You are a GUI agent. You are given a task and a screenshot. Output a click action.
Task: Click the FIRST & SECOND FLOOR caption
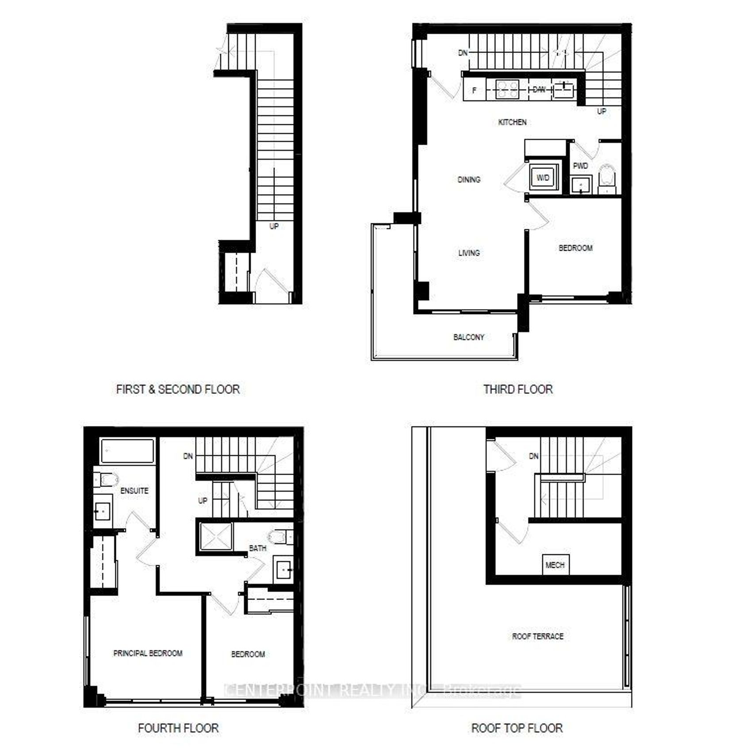tap(178, 389)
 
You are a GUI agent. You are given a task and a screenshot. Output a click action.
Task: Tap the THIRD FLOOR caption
tap(518, 389)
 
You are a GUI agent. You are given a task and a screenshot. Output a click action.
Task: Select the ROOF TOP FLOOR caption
tap(517, 728)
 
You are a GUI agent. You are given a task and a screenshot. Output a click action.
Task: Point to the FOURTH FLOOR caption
tap(178, 728)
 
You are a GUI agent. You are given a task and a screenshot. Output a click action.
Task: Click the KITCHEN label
tap(512, 122)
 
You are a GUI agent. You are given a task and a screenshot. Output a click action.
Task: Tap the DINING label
tap(469, 180)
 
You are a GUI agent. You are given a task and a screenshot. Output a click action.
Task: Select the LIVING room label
tap(469, 253)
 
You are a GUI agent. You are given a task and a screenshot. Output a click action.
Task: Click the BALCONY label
tap(469, 338)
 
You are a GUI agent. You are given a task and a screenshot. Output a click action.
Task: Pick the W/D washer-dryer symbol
tap(543, 178)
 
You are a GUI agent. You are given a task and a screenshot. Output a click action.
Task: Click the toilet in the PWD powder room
tap(607, 176)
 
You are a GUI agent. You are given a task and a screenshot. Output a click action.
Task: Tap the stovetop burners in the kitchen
tap(507, 90)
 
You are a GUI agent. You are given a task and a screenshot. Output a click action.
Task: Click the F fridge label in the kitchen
tap(474, 90)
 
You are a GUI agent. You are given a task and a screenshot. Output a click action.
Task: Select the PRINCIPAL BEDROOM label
tap(148, 653)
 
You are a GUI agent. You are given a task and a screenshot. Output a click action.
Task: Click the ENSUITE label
tap(134, 491)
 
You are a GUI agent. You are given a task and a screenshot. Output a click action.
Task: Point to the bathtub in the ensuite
tap(127, 451)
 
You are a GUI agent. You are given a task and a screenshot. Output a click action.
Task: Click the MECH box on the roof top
tap(555, 565)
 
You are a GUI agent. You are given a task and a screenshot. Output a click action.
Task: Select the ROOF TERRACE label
tap(538, 637)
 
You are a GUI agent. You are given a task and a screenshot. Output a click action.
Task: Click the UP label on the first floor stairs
tap(274, 226)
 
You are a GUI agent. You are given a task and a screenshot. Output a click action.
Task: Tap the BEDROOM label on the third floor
tap(575, 248)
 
